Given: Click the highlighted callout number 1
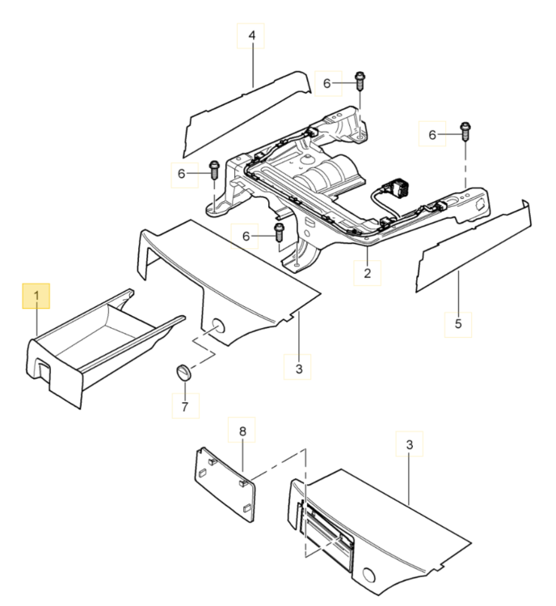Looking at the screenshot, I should point(36,297).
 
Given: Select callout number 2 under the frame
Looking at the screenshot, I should point(367,274).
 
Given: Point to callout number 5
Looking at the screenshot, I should point(458,324).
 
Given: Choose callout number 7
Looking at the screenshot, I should point(184,406).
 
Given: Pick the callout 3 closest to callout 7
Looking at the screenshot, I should point(298,368).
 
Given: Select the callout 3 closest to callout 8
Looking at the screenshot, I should point(410,445).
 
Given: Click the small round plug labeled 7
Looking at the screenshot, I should point(183,372).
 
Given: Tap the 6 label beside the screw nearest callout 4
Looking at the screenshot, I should point(327,83).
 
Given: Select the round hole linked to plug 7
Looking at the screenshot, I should point(217,327).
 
